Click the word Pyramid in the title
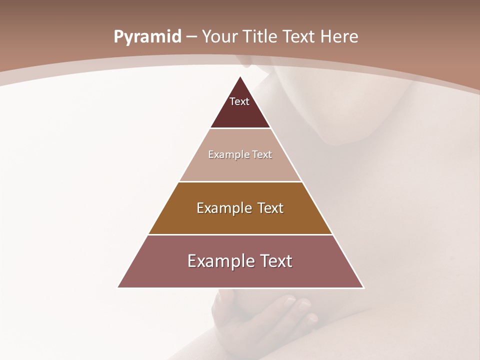147,37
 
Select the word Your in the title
219,37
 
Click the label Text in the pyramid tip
239,101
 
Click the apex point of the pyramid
240,77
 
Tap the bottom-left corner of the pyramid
118,287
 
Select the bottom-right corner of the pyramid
363,287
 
